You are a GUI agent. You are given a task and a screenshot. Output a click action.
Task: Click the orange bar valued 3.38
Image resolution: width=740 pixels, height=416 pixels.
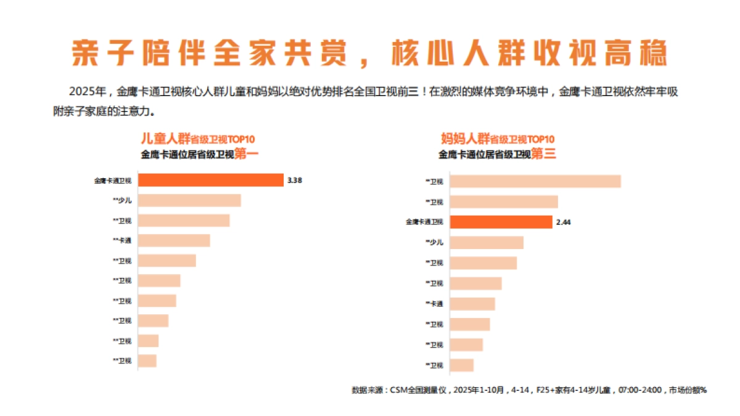(x=210, y=180)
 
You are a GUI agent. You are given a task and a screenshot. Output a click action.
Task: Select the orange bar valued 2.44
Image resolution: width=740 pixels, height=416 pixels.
(x=500, y=222)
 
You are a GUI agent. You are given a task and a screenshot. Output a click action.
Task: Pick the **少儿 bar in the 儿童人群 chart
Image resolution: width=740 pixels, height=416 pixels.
(x=189, y=200)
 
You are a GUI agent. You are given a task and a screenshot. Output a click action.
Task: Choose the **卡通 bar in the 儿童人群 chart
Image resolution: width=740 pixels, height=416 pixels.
(x=174, y=240)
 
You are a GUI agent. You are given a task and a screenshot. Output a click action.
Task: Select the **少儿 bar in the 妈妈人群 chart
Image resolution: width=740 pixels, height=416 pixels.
(x=486, y=242)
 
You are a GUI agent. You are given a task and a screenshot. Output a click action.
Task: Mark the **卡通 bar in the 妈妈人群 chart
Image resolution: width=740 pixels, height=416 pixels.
(x=472, y=304)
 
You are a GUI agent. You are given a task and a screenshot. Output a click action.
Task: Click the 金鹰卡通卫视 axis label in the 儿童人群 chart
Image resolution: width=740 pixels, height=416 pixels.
(x=113, y=181)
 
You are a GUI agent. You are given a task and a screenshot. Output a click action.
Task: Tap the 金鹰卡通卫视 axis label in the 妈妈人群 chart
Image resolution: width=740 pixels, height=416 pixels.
(x=424, y=222)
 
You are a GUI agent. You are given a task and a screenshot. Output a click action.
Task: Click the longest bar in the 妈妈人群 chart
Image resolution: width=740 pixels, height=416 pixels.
(x=535, y=181)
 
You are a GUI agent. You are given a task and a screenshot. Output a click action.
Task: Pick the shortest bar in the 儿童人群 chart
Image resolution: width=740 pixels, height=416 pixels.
(x=147, y=361)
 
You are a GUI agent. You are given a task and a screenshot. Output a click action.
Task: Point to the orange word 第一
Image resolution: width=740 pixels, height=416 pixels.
(x=246, y=154)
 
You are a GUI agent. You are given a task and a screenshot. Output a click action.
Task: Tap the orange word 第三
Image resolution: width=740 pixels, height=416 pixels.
(x=543, y=154)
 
